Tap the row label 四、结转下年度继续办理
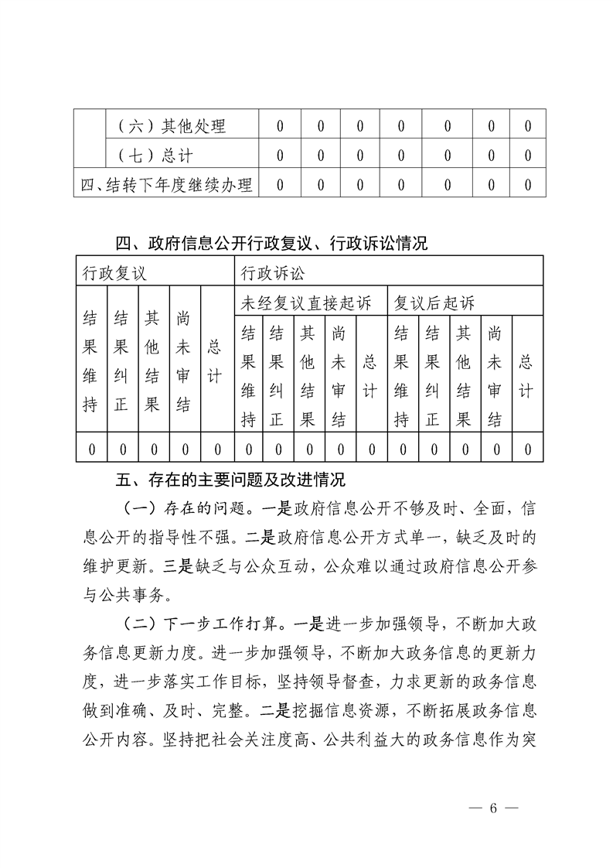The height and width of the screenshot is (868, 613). pos(167,185)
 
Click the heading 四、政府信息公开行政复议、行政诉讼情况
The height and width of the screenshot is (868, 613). pos(271,244)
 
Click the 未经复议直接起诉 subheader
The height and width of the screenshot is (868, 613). pos(306,302)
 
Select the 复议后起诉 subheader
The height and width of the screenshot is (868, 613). pos(434,302)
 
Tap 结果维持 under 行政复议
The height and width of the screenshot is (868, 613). pos(90,361)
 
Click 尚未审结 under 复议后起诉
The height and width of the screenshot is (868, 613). pos(495,377)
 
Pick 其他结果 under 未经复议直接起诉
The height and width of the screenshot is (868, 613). pos(308,377)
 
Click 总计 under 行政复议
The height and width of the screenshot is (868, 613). pos(216,361)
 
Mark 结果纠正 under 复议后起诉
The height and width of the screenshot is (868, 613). pos(433,377)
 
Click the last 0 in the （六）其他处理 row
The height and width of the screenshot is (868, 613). pos(528,125)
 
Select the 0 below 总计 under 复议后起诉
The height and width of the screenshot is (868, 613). pos(527,449)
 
